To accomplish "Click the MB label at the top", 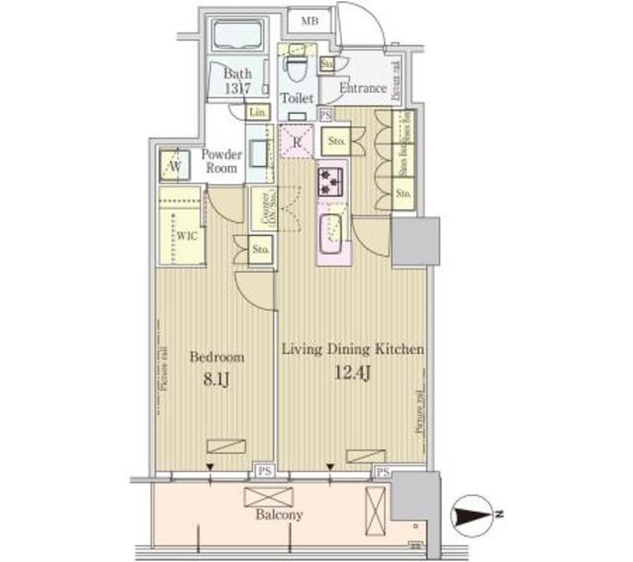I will [311, 20].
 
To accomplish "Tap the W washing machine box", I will [174, 165].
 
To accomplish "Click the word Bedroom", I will [217, 357].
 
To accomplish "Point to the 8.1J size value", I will [217, 377].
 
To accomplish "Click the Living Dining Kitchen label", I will [353, 350].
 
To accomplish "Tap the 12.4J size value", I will [353, 373].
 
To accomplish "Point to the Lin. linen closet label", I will [258, 113].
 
